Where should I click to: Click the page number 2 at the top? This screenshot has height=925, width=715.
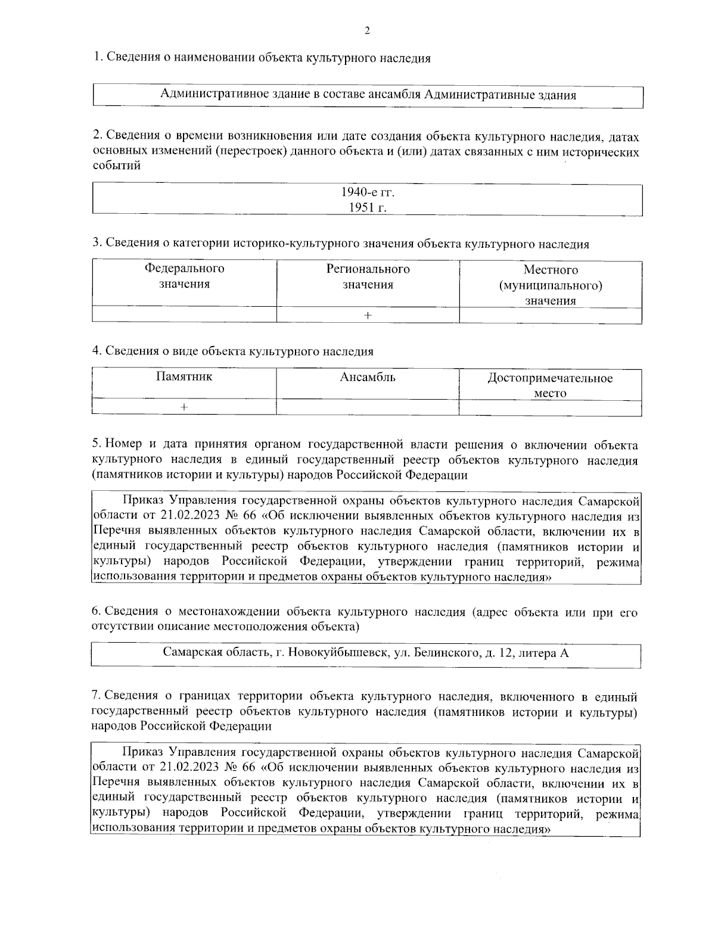[x=366, y=31]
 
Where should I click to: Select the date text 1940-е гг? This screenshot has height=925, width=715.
[x=368, y=192]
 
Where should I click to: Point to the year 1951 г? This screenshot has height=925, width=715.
[x=368, y=207]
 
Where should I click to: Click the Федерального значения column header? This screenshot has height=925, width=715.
[x=184, y=276]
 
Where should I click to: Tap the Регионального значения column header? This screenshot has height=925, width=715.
[x=368, y=276]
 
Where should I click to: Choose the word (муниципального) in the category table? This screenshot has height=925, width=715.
[x=550, y=285]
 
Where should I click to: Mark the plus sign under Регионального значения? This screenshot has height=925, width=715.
[x=368, y=316]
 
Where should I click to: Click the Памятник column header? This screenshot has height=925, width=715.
[x=184, y=376]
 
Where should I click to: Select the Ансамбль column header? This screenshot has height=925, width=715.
[x=368, y=376]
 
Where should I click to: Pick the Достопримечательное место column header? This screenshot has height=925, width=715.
[x=550, y=385]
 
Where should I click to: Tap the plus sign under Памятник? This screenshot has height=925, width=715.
[x=184, y=407]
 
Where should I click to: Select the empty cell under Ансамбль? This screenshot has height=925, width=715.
[x=368, y=407]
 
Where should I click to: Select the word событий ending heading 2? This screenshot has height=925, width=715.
[x=117, y=166]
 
